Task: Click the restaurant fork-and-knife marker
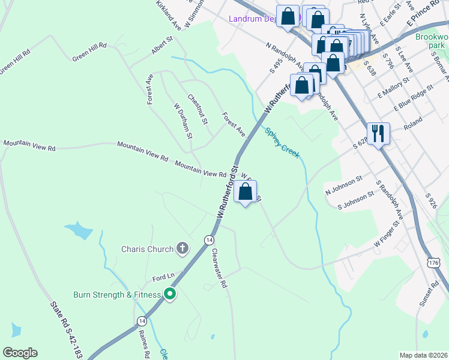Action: (x=378, y=133)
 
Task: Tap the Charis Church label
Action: (x=147, y=248)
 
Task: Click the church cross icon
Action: (x=182, y=248)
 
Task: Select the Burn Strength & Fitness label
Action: (x=117, y=295)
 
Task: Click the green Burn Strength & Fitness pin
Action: (x=170, y=294)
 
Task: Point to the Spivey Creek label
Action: (x=283, y=144)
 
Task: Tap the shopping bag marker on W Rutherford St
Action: (x=245, y=193)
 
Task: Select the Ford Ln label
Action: (x=163, y=277)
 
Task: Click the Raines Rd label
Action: (x=143, y=343)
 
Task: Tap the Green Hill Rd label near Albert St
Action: (x=89, y=52)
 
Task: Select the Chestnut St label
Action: (x=197, y=109)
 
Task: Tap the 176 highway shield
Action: (x=434, y=263)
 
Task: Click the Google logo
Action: (x=20, y=353)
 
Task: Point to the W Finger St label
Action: (x=387, y=234)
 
